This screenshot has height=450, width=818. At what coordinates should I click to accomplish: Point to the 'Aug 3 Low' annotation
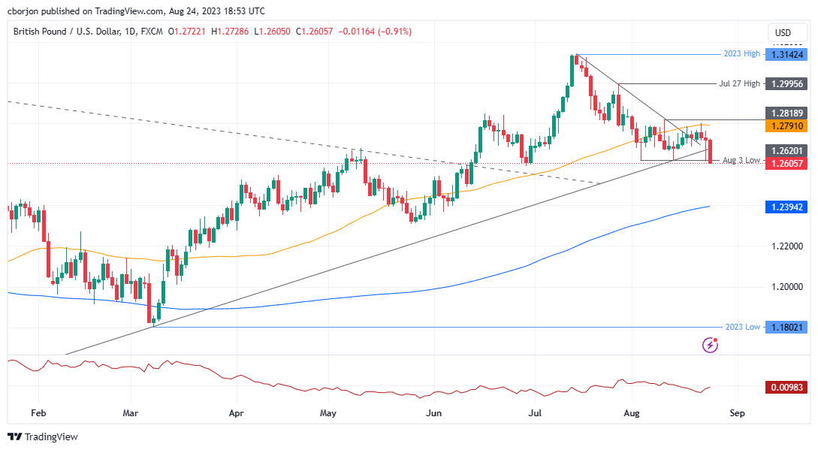[741, 160]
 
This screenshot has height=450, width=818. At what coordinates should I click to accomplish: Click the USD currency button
[783, 33]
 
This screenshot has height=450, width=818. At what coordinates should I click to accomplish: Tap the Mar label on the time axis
[131, 413]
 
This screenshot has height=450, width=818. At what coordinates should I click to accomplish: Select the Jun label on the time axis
[433, 413]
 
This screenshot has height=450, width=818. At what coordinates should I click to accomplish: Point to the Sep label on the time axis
[737, 413]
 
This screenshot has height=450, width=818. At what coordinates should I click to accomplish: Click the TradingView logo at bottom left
[43, 436]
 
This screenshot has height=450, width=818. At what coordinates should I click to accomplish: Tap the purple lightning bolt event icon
[710, 345]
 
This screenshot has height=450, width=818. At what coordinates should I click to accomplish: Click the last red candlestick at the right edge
[711, 151]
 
